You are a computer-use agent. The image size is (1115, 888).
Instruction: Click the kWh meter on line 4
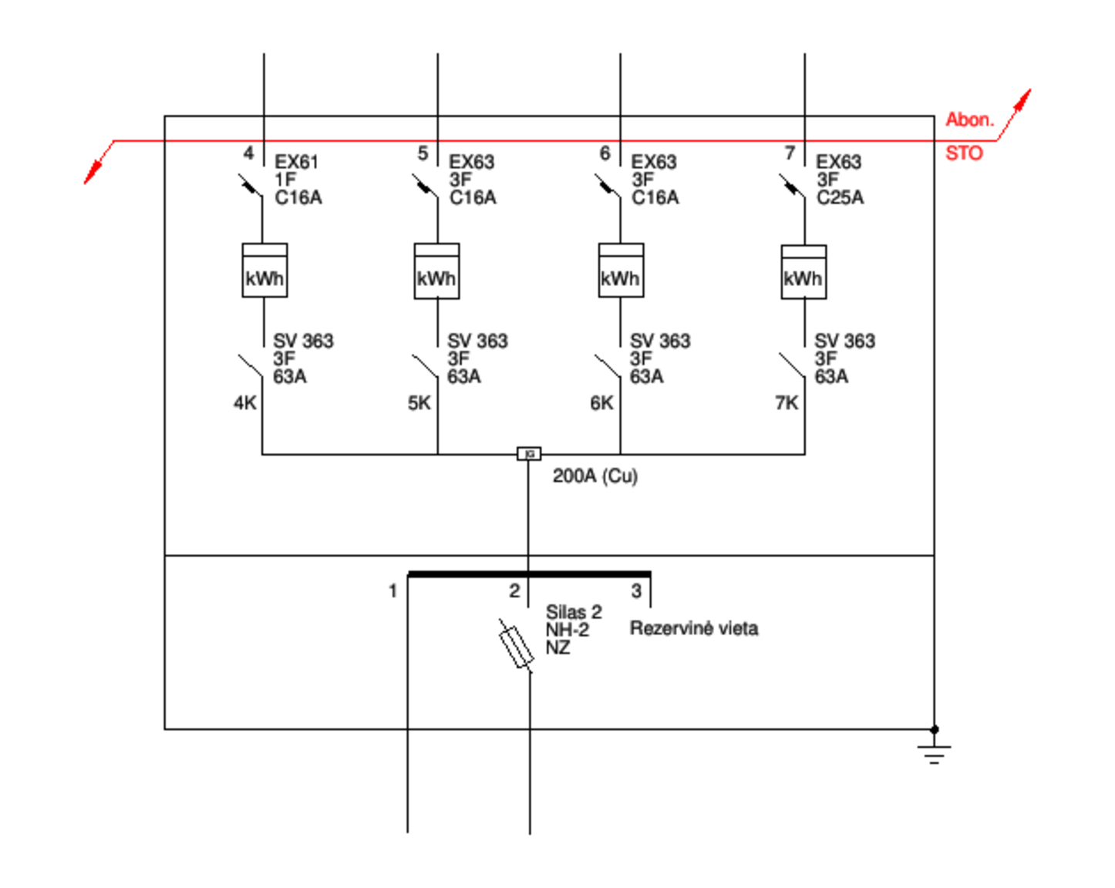pyautogui.click(x=264, y=270)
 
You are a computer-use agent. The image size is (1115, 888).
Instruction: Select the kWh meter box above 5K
pyautogui.click(x=436, y=271)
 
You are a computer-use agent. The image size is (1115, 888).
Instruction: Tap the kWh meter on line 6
pyautogui.click(x=622, y=270)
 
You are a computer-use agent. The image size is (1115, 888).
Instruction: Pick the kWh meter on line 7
pyautogui.click(x=803, y=272)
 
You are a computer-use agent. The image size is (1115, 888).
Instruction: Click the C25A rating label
pyautogui.click(x=840, y=197)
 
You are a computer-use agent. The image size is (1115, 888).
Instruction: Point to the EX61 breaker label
pyautogui.click(x=296, y=162)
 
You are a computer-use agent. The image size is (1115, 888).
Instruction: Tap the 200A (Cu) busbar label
pyautogui.click(x=595, y=476)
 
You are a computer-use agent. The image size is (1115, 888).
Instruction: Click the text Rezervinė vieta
pyautogui.click(x=694, y=628)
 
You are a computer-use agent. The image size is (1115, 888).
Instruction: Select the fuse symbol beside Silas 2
pyautogui.click(x=516, y=646)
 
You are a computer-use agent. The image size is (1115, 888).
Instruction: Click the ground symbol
pyautogui.click(x=934, y=752)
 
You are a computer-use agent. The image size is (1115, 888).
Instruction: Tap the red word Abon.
pyautogui.click(x=970, y=119)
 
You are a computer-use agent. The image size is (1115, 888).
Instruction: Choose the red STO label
pyautogui.click(x=964, y=153)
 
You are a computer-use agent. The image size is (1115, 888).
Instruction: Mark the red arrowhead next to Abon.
pyautogui.click(x=1022, y=99)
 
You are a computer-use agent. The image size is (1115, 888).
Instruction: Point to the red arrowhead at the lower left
pyautogui.click(x=93, y=173)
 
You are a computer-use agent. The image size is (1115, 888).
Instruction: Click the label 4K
pyautogui.click(x=245, y=402)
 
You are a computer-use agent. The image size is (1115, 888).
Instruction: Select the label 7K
pyautogui.click(x=787, y=402)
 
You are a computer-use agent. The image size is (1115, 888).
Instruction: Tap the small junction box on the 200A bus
pyautogui.click(x=529, y=454)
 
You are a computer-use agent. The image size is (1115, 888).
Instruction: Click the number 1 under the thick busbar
pyautogui.click(x=392, y=590)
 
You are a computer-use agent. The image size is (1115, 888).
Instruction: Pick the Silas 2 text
pyautogui.click(x=574, y=612)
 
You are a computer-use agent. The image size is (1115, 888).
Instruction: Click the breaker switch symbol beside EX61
pyautogui.click(x=251, y=186)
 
